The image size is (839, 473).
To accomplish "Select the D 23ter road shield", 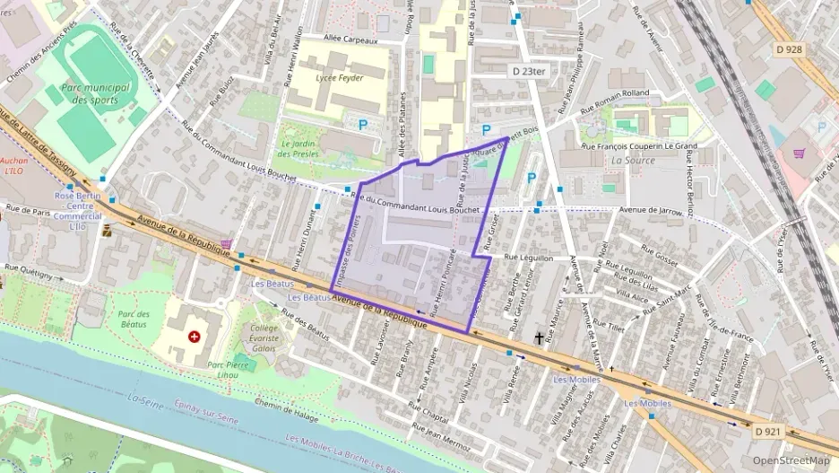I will point(529,70).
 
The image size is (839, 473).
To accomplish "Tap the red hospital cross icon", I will point(195,337).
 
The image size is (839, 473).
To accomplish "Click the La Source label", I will point(633,161).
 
